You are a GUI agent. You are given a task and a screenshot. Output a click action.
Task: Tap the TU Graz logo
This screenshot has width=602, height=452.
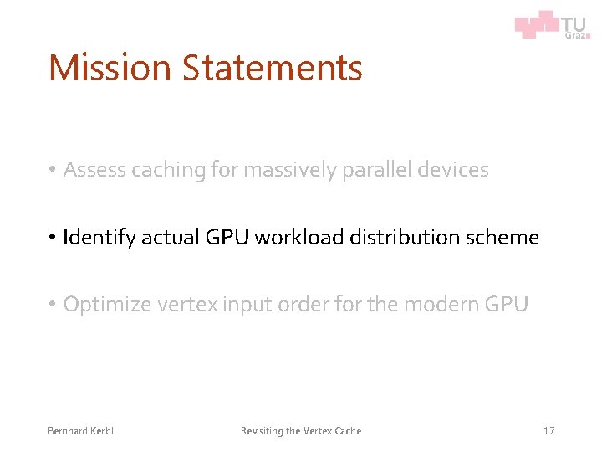click(553, 24)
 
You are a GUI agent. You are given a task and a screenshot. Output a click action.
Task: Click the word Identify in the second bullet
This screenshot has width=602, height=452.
click(99, 238)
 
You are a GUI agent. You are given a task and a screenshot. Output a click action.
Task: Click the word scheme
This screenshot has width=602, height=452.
click(500, 238)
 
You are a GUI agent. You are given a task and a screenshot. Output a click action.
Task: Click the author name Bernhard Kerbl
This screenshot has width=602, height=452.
click(80, 431)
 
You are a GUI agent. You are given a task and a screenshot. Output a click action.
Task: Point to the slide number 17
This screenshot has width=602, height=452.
click(548, 431)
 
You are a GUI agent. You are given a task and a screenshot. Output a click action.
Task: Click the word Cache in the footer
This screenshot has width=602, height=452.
click(348, 431)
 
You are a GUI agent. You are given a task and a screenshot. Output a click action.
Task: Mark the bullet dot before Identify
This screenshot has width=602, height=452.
click(52, 239)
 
